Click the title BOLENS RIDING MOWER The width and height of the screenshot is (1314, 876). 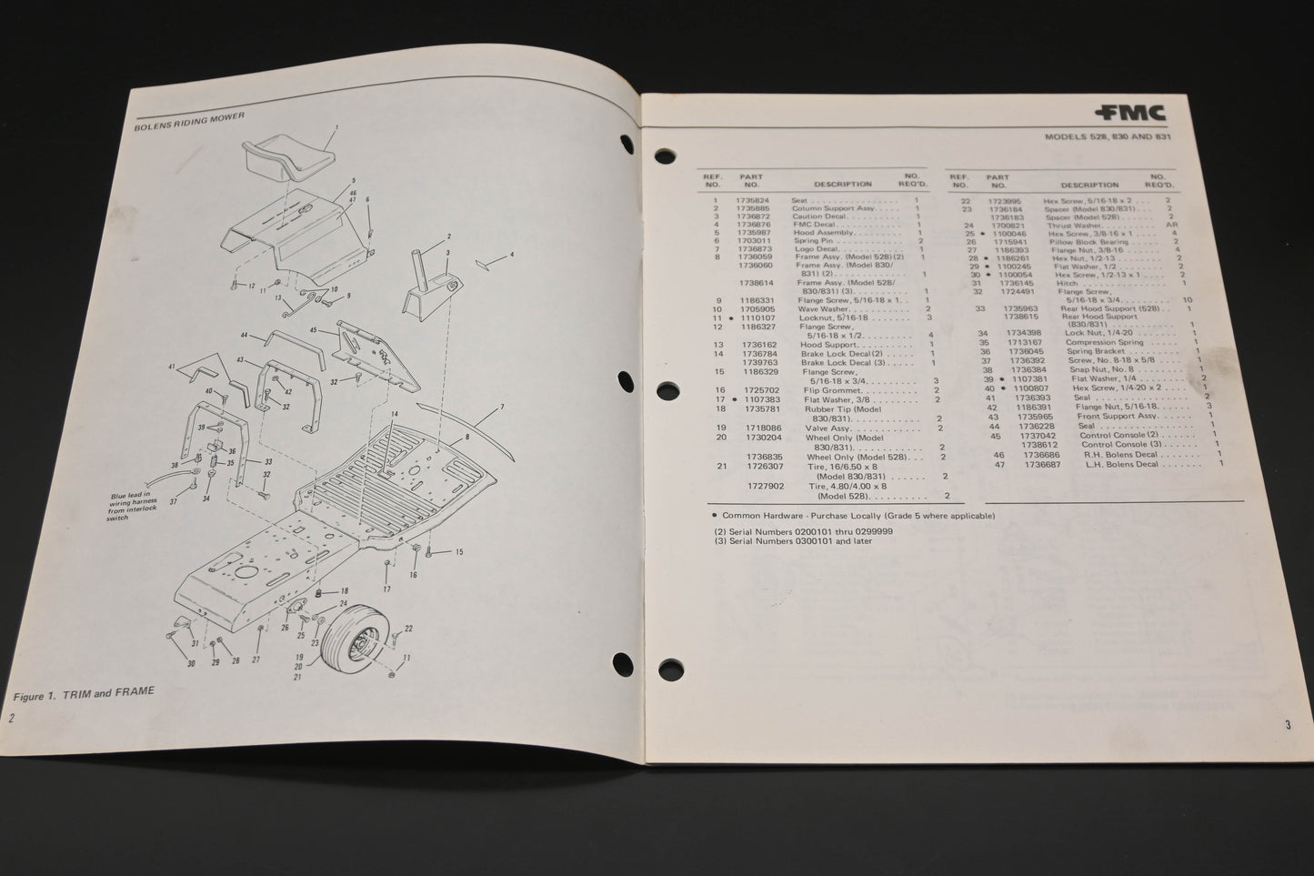pyautogui.click(x=186, y=115)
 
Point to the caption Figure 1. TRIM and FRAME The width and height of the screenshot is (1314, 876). pyautogui.click(x=85, y=692)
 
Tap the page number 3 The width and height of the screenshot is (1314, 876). pyautogui.click(x=1288, y=725)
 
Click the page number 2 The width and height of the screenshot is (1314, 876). pyautogui.click(x=12, y=718)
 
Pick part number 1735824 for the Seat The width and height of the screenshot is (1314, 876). pyautogui.click(x=755, y=200)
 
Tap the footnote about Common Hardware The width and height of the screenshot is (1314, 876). pyautogui.click(x=855, y=516)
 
